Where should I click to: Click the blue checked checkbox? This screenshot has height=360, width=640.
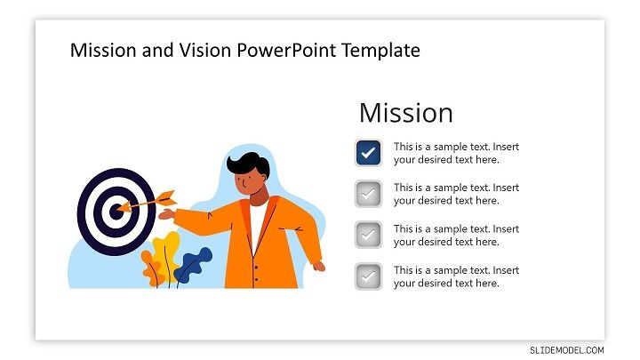[x=368, y=153]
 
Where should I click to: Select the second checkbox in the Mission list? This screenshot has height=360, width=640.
[x=368, y=194]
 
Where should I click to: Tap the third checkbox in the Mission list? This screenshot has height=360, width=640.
[x=368, y=235]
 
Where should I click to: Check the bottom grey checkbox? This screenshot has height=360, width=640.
[x=368, y=276]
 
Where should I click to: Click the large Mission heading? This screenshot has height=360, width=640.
[x=406, y=113]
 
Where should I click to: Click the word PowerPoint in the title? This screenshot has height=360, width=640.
[x=286, y=51]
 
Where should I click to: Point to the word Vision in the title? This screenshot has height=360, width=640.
[x=205, y=51]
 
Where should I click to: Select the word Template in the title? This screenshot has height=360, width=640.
[x=380, y=51]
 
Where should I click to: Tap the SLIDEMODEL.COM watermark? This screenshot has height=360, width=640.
[x=567, y=350]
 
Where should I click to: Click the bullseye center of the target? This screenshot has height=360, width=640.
[x=116, y=212]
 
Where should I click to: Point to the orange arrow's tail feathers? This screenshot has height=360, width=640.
[x=167, y=198]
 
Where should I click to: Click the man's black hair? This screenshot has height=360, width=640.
[x=249, y=164]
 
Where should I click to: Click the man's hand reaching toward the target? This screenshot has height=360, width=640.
[x=166, y=214]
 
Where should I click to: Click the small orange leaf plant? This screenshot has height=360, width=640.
[x=152, y=268]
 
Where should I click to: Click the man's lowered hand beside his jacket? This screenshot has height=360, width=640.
[x=319, y=266]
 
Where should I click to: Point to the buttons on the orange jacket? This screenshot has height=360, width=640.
[x=256, y=274]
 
